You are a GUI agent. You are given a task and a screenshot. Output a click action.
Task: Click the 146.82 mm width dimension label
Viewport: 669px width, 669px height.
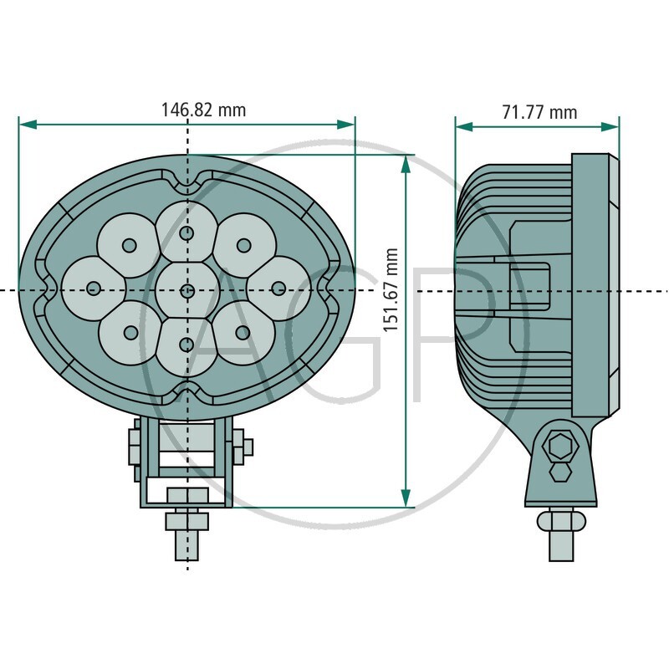pyautogui.click(x=203, y=110)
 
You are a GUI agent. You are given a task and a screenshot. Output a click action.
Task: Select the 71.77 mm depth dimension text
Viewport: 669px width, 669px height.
pyautogui.click(x=539, y=112)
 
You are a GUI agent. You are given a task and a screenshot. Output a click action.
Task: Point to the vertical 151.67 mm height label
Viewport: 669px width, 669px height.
pyautogui.click(x=390, y=289)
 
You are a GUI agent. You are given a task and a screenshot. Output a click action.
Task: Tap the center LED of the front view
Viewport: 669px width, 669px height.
pyautogui.click(x=186, y=290)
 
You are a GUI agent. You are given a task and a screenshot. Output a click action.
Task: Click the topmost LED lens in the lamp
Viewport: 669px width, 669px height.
pyautogui.click(x=186, y=232)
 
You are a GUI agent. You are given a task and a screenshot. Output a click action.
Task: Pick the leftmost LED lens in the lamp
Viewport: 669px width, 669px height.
pyautogui.click(x=92, y=288)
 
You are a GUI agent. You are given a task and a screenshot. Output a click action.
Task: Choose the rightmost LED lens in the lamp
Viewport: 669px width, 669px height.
pyautogui.click(x=279, y=288)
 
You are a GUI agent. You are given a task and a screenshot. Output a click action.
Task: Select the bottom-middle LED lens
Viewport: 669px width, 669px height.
pyautogui.click(x=186, y=344)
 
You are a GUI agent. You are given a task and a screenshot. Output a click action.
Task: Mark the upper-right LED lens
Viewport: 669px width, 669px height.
pyautogui.click(x=243, y=244)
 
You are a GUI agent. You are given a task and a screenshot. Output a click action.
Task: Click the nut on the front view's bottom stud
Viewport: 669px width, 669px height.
pyautogui.click(x=186, y=521)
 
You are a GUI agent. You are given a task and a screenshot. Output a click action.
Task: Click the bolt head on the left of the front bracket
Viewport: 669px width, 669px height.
pyautogui.click(x=133, y=447)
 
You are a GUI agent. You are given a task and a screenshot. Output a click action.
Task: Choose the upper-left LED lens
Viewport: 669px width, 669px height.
pyautogui.click(x=130, y=245)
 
